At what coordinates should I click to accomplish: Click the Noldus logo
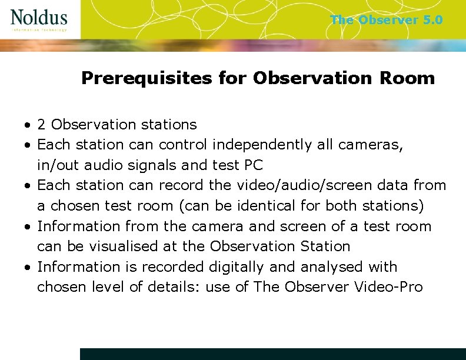tap(39, 20)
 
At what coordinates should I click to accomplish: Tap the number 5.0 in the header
tap(432, 20)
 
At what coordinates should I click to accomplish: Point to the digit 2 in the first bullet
tap(42, 125)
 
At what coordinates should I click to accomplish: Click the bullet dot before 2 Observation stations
tap(28, 125)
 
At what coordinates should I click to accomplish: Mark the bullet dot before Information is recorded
tap(28, 268)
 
